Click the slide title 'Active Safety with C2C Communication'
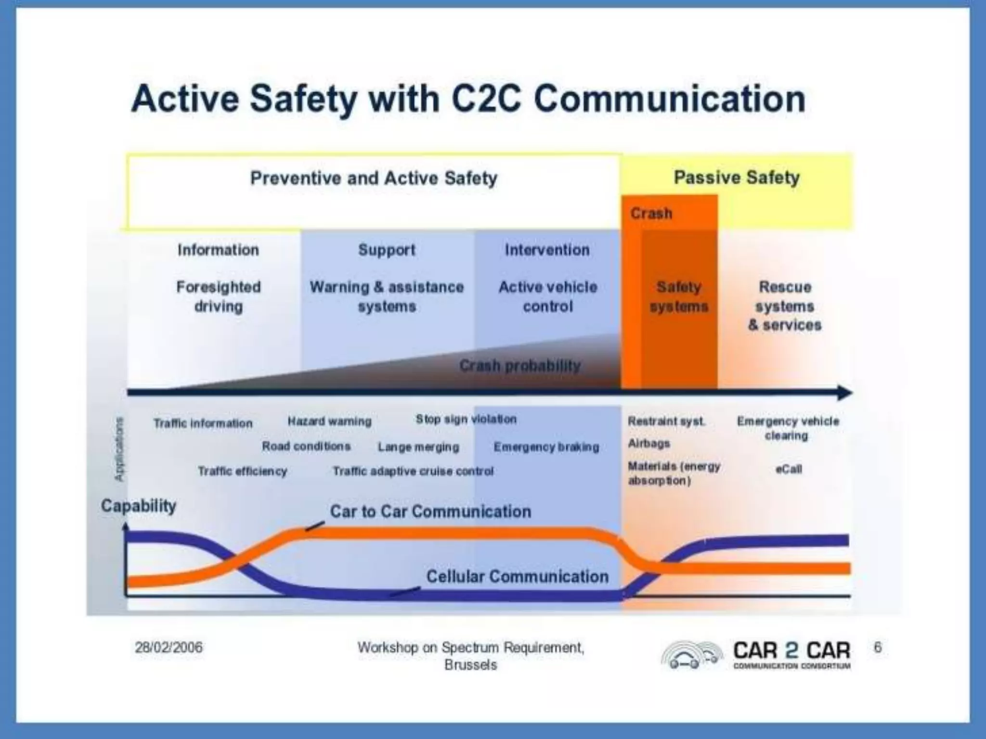[468, 99]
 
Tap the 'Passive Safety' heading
[736, 178]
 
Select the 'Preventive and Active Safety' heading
[374, 178]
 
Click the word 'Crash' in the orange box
[651, 213]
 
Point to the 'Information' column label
[218, 250]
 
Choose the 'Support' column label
[387, 250]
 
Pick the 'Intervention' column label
[547, 250]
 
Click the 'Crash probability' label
[520, 366]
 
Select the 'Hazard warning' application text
[329, 421]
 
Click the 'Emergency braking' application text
[546, 447]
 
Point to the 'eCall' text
[789, 469]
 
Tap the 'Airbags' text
[649, 443]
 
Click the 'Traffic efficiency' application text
[242, 471]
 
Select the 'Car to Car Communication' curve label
[430, 511]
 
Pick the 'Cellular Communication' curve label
[518, 576]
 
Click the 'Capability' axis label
[139, 506]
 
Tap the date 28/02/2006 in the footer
[169, 648]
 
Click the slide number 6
[878, 647]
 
